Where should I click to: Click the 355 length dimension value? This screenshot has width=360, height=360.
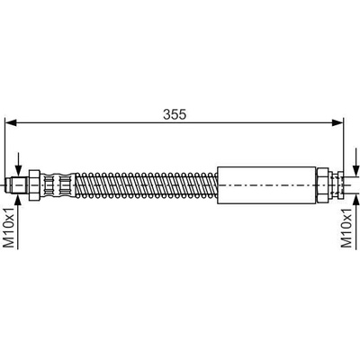[x=175, y=114]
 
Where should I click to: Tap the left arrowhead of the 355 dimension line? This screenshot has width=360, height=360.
[x=11, y=122]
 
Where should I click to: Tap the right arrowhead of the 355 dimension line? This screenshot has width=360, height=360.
[x=337, y=122]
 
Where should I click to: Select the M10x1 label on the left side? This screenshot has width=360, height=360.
[x=9, y=228]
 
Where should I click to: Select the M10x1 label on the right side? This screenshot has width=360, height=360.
[x=346, y=228]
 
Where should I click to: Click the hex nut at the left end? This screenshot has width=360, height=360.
[x=34, y=185]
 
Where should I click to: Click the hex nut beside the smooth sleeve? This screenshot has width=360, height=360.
[x=322, y=184]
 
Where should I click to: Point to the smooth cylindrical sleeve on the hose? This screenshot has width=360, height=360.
[x=266, y=185]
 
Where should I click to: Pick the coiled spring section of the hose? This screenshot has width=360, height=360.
[x=147, y=185]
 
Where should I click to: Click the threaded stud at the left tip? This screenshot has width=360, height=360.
[x=17, y=185]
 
